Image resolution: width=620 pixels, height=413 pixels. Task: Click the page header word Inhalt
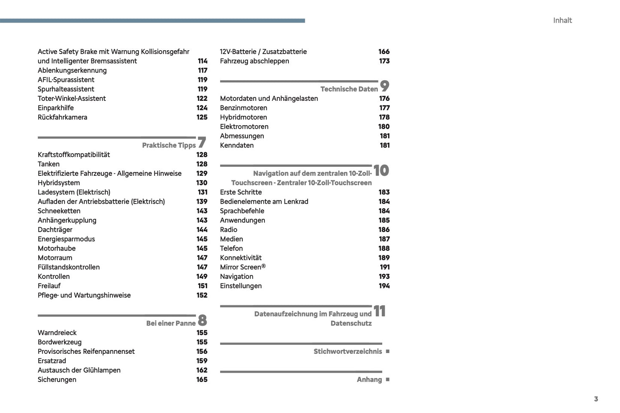click(x=562, y=20)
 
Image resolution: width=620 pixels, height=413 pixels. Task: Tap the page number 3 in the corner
click(x=596, y=399)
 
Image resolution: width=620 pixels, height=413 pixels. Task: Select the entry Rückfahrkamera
click(x=62, y=117)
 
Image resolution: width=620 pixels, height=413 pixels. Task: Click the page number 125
click(x=202, y=117)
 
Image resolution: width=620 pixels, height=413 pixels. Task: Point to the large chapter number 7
click(x=202, y=142)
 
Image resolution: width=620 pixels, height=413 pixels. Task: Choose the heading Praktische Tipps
click(x=169, y=145)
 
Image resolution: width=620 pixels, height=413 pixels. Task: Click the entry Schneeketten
click(x=59, y=211)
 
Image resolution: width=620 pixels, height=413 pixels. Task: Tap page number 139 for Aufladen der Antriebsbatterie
click(x=202, y=201)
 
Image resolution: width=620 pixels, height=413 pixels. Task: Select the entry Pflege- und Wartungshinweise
click(x=84, y=295)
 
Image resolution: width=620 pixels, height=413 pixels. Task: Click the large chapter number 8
click(x=203, y=320)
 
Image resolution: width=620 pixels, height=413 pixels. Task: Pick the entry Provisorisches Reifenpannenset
click(x=86, y=351)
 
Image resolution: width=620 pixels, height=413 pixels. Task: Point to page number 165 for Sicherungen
click(x=202, y=380)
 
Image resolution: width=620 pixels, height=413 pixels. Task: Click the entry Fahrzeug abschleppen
click(x=254, y=61)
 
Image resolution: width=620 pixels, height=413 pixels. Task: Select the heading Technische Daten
click(x=349, y=89)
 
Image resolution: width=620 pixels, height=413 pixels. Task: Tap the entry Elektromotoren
click(x=244, y=127)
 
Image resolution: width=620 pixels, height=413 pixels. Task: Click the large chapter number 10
click(x=381, y=171)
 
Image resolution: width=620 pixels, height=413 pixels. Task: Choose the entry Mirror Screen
click(x=242, y=267)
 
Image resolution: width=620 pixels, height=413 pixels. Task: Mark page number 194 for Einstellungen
click(x=384, y=286)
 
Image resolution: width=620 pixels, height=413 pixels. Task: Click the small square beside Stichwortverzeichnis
click(x=388, y=351)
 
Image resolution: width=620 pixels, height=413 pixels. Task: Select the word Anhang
click(x=369, y=380)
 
